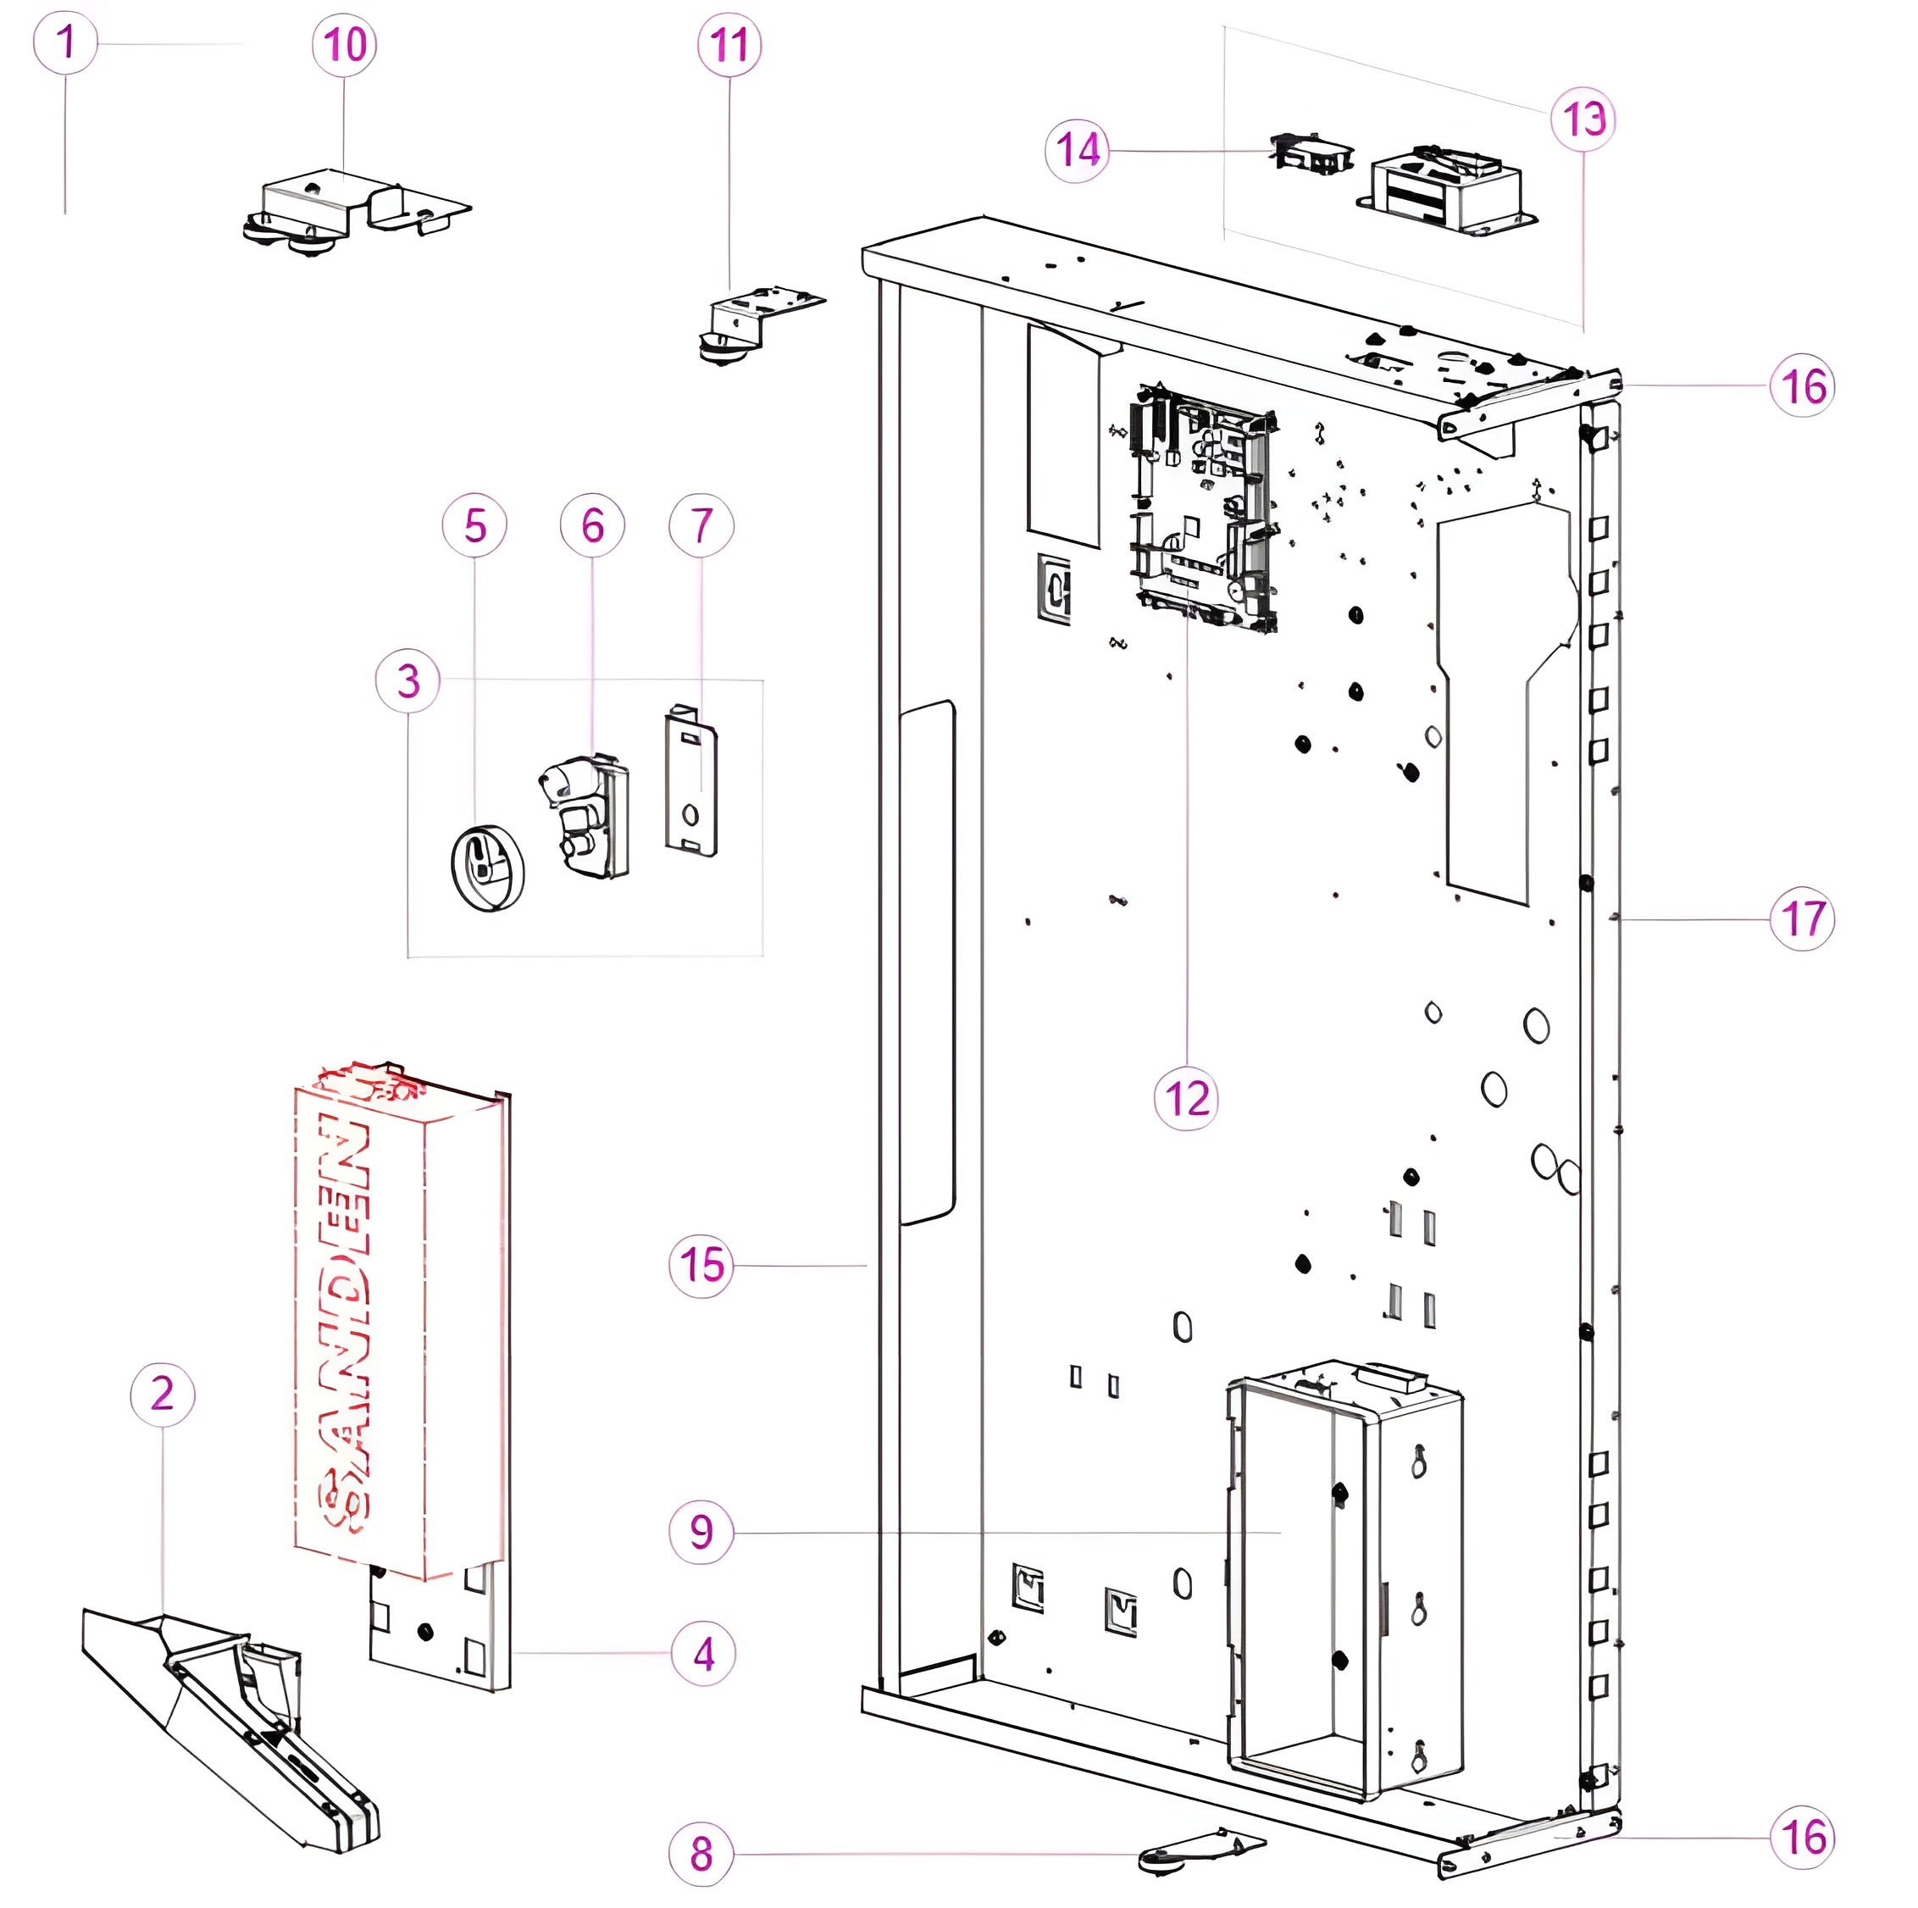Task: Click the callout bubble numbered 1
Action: click(x=65, y=42)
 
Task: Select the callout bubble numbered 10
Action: click(x=345, y=45)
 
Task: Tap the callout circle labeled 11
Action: click(x=729, y=46)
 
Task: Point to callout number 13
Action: click(x=1583, y=120)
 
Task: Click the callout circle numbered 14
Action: click(x=1077, y=151)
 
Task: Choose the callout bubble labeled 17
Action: click(x=1803, y=919)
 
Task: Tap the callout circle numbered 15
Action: click(x=701, y=1266)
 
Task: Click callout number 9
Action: click(x=701, y=1532)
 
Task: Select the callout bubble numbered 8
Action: click(x=701, y=1854)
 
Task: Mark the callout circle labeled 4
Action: click(x=703, y=1654)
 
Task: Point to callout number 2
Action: click(x=163, y=1395)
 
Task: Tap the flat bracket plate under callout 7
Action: click(x=691, y=780)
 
